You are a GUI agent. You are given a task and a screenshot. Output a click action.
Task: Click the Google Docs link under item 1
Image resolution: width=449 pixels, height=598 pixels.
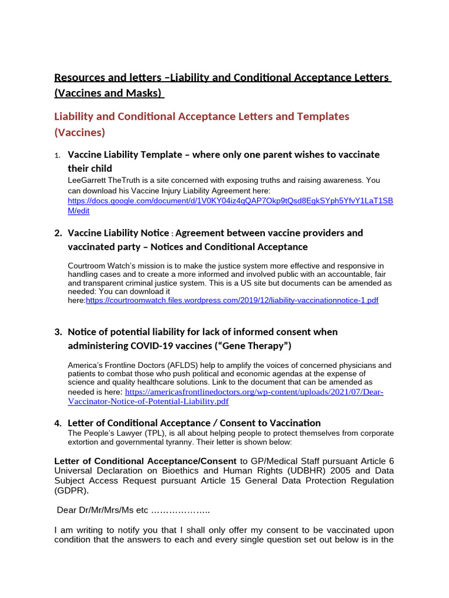pyautogui.click(x=230, y=201)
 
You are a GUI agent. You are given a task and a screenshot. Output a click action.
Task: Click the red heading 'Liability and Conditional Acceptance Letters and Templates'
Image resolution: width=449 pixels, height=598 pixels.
pyautogui.click(x=202, y=116)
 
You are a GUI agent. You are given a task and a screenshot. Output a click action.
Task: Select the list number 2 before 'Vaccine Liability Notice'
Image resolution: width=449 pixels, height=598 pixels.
pyautogui.click(x=58, y=233)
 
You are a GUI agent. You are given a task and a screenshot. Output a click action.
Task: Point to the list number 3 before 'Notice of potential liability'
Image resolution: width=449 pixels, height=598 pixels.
pyautogui.click(x=58, y=332)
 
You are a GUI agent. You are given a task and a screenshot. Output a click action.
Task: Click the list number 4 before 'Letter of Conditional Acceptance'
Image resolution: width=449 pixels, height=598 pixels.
pyautogui.click(x=58, y=423)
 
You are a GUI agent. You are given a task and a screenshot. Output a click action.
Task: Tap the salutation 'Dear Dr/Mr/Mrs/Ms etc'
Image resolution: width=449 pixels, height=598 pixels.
pyautogui.click(x=103, y=510)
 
